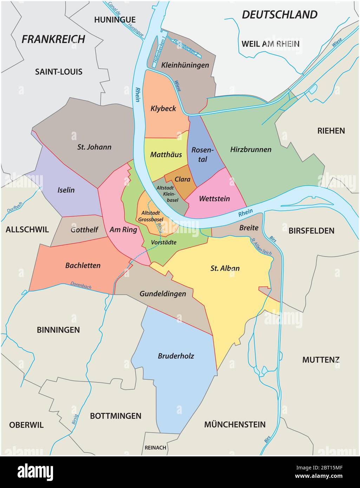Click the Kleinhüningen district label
point(185,65)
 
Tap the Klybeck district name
point(163,108)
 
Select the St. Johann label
point(94,147)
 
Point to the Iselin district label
point(66,190)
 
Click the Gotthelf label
point(84,230)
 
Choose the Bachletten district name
point(83,265)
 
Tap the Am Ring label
point(123,230)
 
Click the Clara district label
point(182,179)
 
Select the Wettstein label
point(214,199)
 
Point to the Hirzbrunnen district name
point(251,150)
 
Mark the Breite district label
point(249,228)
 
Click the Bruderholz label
point(176,356)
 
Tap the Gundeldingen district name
point(163,294)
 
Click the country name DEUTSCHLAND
point(280,15)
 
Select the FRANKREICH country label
point(53,39)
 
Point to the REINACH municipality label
point(155,448)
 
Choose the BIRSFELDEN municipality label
point(311,231)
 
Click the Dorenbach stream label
point(81,285)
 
